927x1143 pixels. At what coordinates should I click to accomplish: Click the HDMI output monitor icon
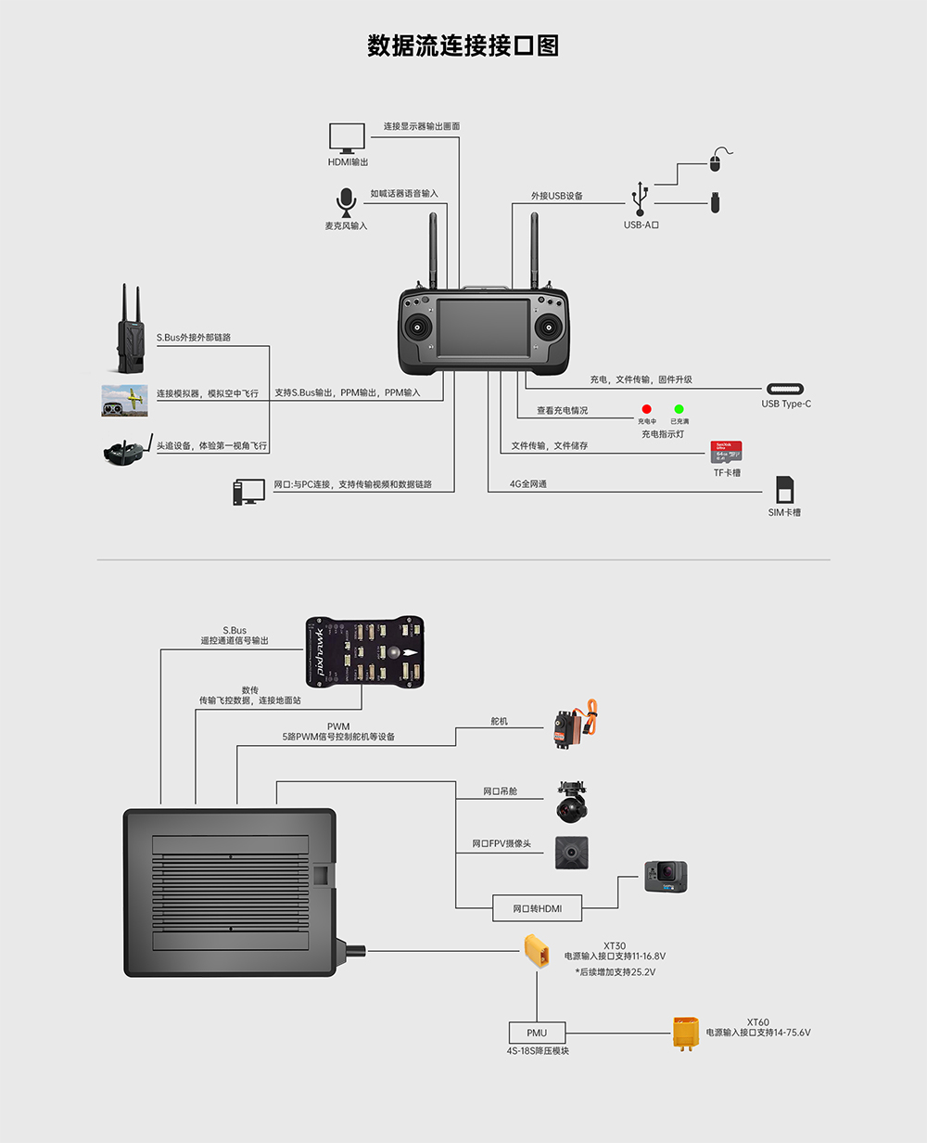tap(348, 138)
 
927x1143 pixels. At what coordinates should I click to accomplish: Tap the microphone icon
tap(346, 202)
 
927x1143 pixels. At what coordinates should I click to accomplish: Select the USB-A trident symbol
tap(640, 199)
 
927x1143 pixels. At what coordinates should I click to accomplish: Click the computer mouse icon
tap(715, 163)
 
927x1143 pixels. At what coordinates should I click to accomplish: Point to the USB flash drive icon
tap(716, 202)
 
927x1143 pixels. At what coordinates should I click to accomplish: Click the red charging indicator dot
tap(646, 409)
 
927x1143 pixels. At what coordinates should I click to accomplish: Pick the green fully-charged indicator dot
tap(679, 409)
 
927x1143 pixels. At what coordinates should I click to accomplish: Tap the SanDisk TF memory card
tap(726, 452)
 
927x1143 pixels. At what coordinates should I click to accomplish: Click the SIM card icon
tap(784, 490)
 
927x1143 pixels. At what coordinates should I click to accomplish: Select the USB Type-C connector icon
tap(785, 389)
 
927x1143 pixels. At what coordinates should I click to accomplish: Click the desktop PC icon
tap(248, 492)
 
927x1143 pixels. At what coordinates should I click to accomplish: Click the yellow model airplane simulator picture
tap(125, 401)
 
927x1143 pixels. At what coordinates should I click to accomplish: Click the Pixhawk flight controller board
tap(364, 653)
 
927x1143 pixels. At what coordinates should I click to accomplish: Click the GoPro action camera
tap(667, 877)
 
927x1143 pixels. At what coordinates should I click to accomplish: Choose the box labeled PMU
tap(537, 1033)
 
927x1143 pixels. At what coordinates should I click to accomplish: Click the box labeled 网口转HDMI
tap(537, 908)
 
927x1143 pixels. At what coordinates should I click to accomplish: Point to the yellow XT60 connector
tap(686, 1033)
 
